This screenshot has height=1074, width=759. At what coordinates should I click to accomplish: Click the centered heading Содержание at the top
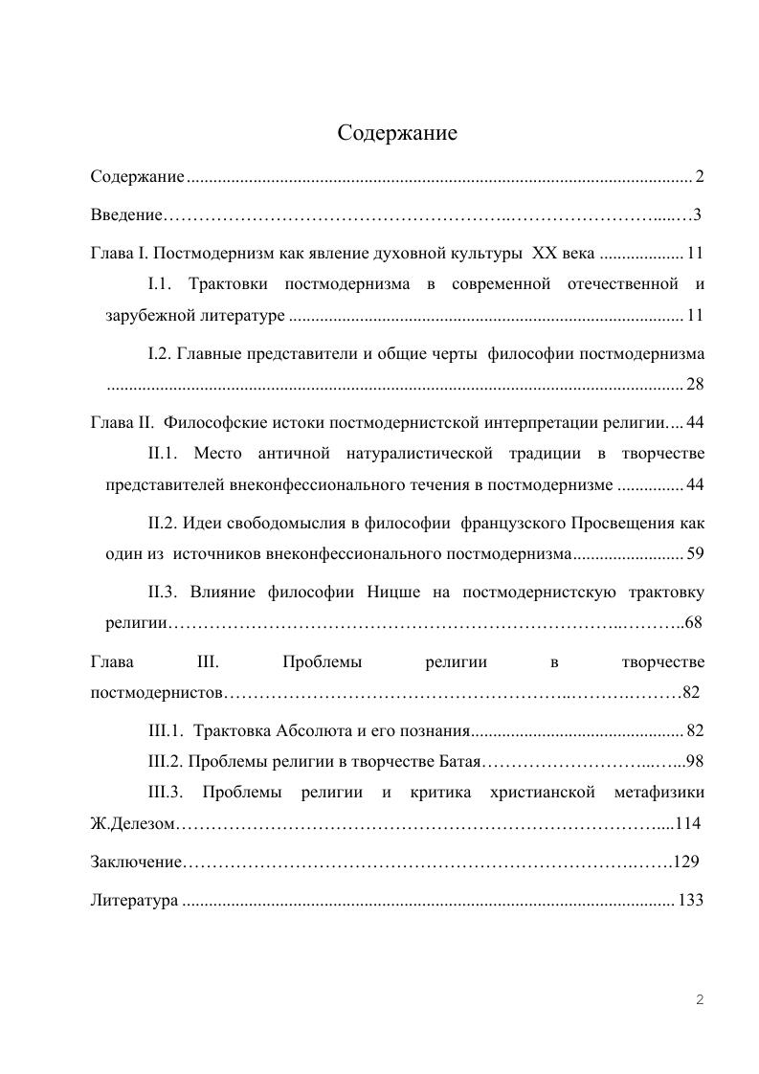coord(397,133)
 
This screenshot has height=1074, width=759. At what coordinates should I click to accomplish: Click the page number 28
coord(696,384)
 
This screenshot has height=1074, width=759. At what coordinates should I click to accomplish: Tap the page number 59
coord(696,553)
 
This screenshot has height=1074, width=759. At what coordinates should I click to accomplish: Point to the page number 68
coord(694,622)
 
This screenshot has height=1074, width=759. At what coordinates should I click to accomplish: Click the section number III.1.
coord(167,731)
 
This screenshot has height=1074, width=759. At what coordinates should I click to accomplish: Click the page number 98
coord(695,762)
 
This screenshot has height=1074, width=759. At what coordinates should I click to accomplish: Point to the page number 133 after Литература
coord(691,901)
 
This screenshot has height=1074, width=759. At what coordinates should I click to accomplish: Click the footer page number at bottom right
coord(700,1000)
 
